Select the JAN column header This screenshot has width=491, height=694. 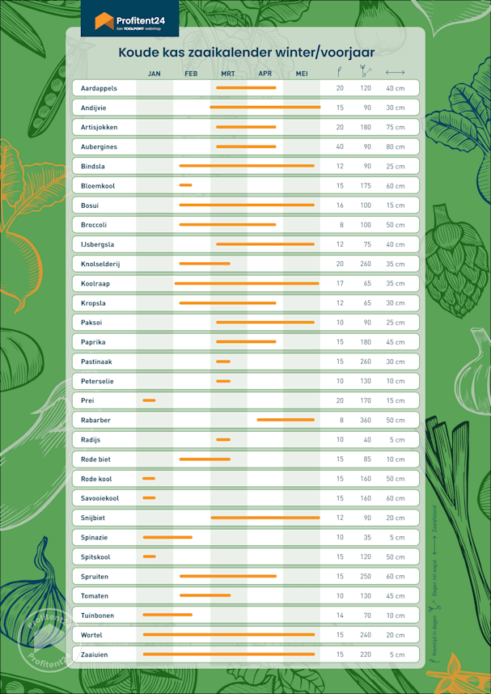point(154,74)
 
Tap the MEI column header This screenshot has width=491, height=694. point(302,74)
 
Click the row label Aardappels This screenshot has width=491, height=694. point(99,87)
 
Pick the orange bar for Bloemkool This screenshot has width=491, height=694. point(186,185)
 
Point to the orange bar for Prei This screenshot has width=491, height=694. point(149,400)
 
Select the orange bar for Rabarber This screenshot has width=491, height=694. point(286,420)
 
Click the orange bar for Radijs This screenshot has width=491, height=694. point(223,439)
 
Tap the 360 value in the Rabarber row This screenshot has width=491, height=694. point(366,420)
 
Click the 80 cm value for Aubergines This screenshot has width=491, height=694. point(395,146)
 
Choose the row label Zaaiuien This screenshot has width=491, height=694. point(95,654)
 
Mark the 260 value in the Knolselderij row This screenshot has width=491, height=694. point(366,264)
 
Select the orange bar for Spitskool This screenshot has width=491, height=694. point(149,556)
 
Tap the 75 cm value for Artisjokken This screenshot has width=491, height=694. point(395,127)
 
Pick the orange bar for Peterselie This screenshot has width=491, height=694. point(223,381)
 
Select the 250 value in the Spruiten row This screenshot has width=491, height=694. point(366,576)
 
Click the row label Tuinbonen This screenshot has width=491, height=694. point(98,615)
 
